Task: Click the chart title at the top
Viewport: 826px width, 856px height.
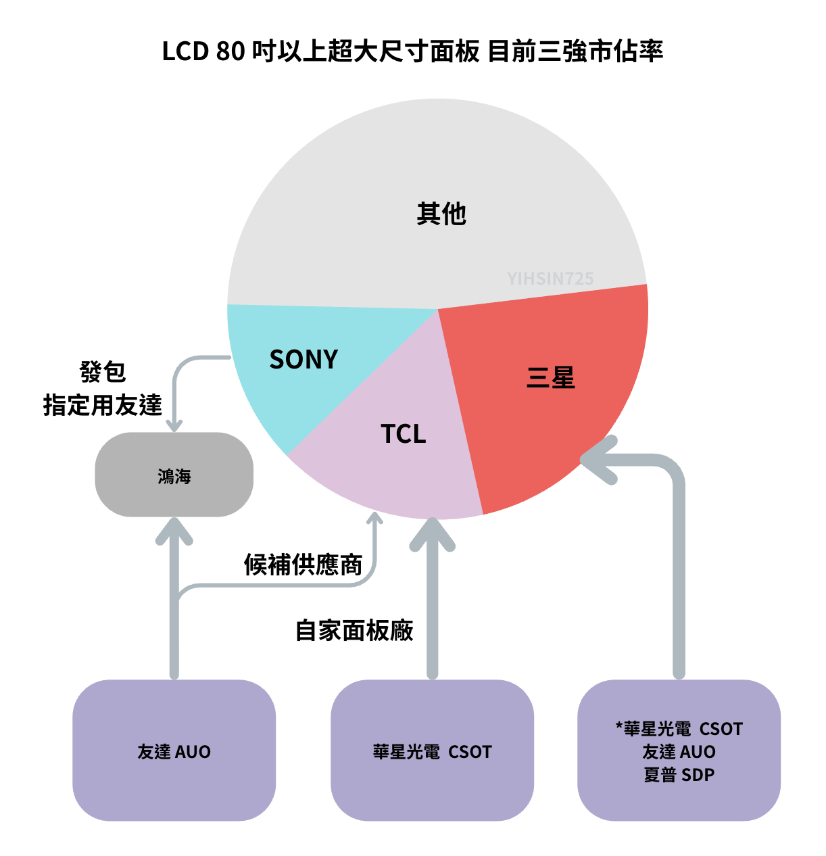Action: coord(412,51)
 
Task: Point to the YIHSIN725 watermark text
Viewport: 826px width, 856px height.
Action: coord(550,279)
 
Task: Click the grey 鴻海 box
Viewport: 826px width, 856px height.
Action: coord(174,475)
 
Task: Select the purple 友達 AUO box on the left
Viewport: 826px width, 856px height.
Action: coord(174,751)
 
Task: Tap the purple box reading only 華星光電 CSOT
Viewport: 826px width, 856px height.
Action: coord(432,751)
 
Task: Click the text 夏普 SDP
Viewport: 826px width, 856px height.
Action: coord(679,775)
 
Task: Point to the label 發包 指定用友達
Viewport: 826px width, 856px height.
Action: coord(103,389)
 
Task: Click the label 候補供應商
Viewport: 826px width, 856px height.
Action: coord(303,565)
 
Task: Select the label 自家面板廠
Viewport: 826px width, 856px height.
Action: coord(354,630)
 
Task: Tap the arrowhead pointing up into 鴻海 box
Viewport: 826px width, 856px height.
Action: coord(174,531)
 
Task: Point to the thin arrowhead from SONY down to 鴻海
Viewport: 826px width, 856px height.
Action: coord(174,426)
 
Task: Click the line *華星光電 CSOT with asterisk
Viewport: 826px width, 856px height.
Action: coord(679,729)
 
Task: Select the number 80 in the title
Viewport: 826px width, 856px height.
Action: coord(230,51)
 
